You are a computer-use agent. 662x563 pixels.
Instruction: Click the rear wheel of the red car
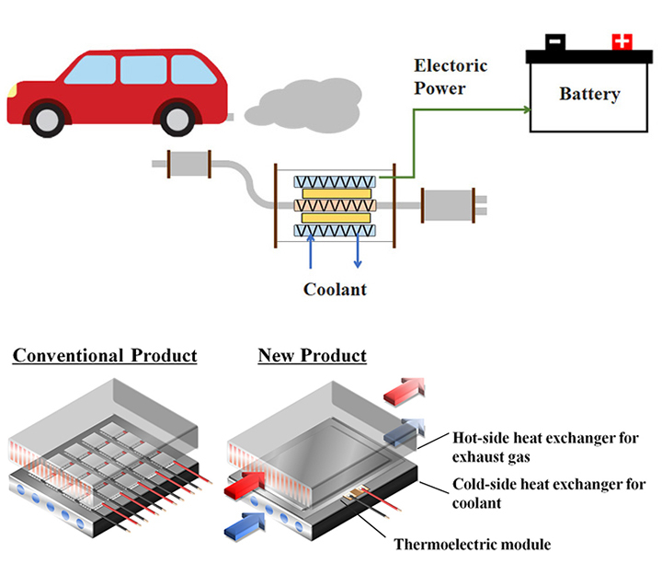[178, 117]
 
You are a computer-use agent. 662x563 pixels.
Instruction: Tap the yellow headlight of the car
[12, 90]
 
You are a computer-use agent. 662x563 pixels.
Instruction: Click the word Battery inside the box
[589, 94]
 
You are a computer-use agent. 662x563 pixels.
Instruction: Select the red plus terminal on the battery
[622, 41]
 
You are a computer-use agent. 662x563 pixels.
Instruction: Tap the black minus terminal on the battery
[555, 42]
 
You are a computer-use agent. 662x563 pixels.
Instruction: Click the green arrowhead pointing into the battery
[527, 109]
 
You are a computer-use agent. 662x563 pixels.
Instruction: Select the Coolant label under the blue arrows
[336, 289]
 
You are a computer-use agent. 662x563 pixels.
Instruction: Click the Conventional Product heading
[105, 355]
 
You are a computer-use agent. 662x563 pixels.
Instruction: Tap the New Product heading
[312, 355]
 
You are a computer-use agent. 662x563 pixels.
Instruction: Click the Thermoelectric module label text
[472, 544]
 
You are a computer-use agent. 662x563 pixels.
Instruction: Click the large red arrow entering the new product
[241, 482]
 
